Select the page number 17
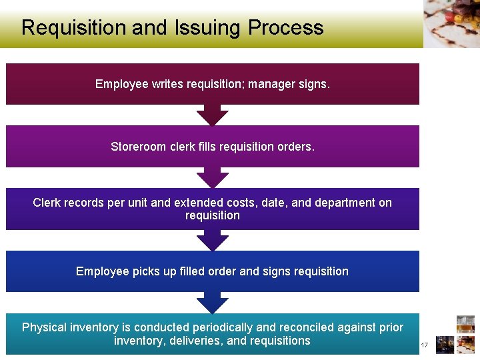[x=423, y=345]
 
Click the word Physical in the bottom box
[x=44, y=327]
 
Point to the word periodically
[x=223, y=327]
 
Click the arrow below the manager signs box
[x=213, y=115]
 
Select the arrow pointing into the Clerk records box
[x=213, y=178]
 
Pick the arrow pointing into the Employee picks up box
[x=213, y=241]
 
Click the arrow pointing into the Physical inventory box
[x=213, y=303]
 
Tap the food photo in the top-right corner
[x=451, y=23]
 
